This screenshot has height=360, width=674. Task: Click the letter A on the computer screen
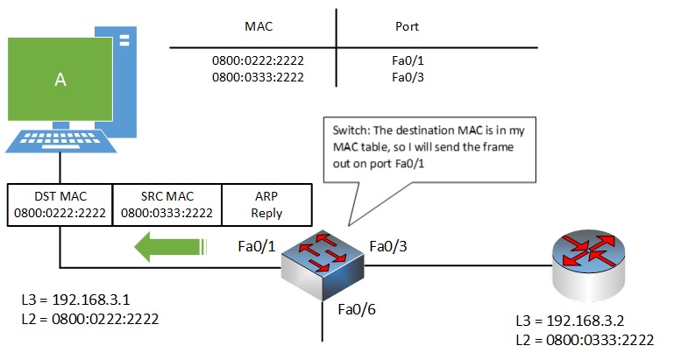point(60,79)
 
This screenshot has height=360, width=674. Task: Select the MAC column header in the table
point(260,27)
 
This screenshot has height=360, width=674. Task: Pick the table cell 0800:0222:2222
point(260,62)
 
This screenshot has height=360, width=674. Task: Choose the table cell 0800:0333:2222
point(260,78)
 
